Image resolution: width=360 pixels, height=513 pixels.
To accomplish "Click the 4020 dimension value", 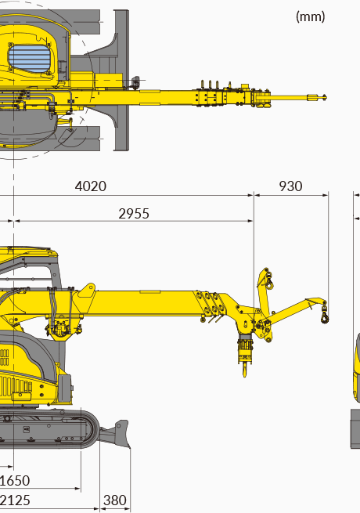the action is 91,186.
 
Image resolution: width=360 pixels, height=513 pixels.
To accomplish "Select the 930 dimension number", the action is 290,186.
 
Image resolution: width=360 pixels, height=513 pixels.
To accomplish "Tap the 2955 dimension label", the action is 134,214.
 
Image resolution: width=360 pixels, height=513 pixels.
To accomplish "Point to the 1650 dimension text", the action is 14,481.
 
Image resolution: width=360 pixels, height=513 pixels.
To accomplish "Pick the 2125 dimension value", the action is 15,500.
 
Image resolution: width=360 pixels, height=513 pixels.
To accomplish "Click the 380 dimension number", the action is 115,500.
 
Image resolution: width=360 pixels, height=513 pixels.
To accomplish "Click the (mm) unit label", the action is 310,16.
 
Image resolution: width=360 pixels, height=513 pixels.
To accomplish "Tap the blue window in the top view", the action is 29,59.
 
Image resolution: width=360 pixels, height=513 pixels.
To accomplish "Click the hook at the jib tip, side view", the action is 324,316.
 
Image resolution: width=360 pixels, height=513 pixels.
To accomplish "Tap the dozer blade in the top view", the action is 121,80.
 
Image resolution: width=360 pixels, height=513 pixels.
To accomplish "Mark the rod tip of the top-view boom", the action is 324,97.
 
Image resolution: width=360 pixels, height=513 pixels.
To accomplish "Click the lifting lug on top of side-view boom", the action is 87,291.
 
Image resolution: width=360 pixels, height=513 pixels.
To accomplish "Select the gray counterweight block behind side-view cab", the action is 64,388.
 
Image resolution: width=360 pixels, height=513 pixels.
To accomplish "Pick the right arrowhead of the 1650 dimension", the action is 77,489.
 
